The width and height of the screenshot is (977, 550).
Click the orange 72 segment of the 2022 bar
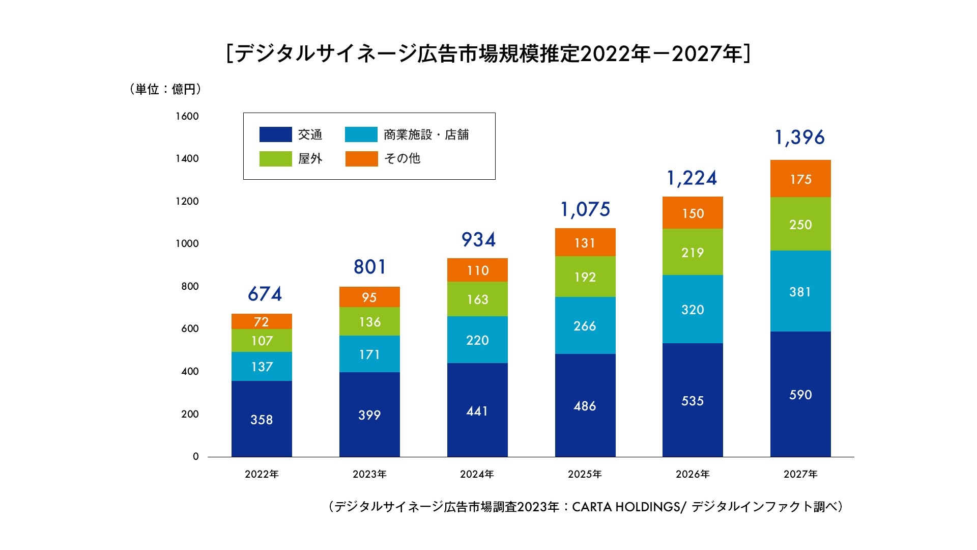[262, 321]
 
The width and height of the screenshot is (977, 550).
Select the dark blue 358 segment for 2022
[262, 419]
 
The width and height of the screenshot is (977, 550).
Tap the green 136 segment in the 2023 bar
[369, 321]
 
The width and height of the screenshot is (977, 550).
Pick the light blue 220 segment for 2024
[477, 340]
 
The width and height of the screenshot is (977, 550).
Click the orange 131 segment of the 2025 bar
[585, 242]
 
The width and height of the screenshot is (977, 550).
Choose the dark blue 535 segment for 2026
[693, 400]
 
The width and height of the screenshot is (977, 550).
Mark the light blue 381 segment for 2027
[800, 291]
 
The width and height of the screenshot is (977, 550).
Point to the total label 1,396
[799, 137]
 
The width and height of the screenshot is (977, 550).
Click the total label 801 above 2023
[370, 267]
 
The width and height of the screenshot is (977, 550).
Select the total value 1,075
[585, 209]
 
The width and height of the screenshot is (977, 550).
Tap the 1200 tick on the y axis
[187, 201]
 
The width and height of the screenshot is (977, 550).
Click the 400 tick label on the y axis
[189, 371]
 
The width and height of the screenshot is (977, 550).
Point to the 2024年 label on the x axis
[477, 474]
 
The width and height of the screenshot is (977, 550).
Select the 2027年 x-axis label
[800, 474]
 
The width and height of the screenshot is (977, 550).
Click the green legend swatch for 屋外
[275, 159]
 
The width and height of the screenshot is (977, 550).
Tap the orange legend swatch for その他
[361, 159]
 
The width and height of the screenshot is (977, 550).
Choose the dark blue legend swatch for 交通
[275, 134]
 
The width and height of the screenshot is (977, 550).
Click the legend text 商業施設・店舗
[426, 134]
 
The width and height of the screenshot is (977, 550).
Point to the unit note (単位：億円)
[165, 89]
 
